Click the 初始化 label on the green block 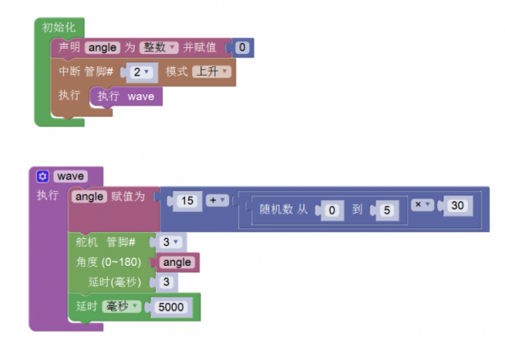(x=58, y=28)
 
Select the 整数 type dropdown (x=159, y=48)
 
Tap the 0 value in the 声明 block (x=242, y=48)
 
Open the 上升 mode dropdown (x=212, y=72)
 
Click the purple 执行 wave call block (x=126, y=97)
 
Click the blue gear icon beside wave (x=43, y=177)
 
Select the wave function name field (x=70, y=177)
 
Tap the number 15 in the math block (x=187, y=201)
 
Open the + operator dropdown (x=217, y=201)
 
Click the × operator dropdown (x=423, y=204)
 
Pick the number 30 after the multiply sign (x=457, y=205)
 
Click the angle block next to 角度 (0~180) (x=178, y=262)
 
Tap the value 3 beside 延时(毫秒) (x=167, y=282)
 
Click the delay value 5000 (x=171, y=308)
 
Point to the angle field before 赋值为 (x=90, y=197)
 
